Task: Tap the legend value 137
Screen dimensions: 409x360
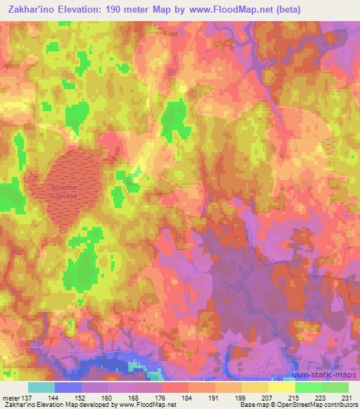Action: [25, 398]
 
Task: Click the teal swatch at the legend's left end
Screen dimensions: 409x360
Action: [41, 387]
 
